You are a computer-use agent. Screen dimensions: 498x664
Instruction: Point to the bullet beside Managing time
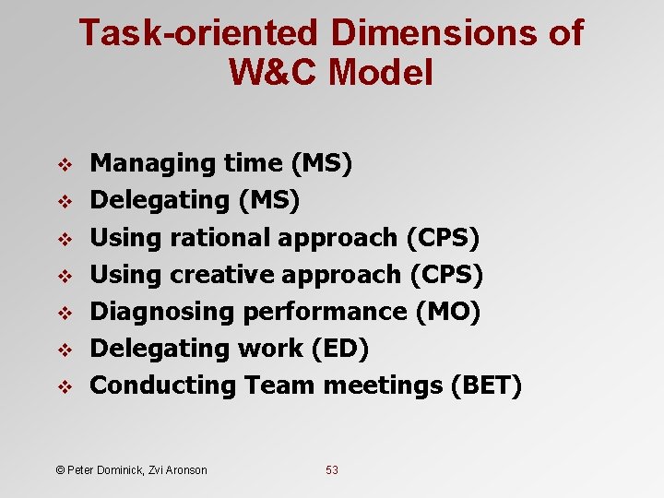tap(65, 164)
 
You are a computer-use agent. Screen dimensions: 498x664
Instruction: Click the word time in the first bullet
tap(254, 163)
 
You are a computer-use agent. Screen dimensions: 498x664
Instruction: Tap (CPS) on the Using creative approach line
tap(446, 274)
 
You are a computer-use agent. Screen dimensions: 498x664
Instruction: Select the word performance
tap(325, 312)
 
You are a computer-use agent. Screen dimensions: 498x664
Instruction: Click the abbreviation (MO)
tap(447, 312)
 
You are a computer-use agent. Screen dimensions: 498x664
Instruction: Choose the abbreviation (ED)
tap(341, 349)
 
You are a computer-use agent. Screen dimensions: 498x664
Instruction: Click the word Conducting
tap(162, 385)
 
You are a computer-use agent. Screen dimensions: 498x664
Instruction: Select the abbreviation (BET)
tap(486, 385)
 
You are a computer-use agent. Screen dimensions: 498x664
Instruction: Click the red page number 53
tap(332, 470)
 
